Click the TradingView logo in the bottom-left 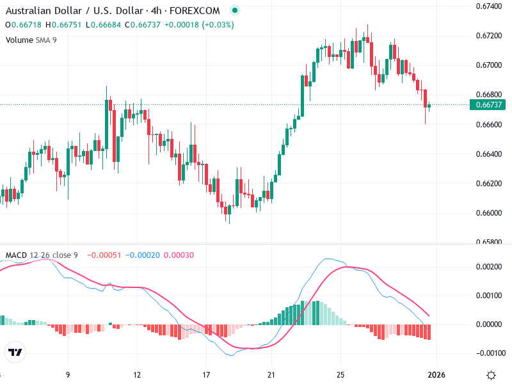[15, 353]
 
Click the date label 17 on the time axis [206, 374]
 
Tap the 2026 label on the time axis [436, 374]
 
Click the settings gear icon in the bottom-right [491, 375]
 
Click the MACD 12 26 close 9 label [42, 255]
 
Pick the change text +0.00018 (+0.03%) [199, 25]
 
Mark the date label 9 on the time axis [67, 374]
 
